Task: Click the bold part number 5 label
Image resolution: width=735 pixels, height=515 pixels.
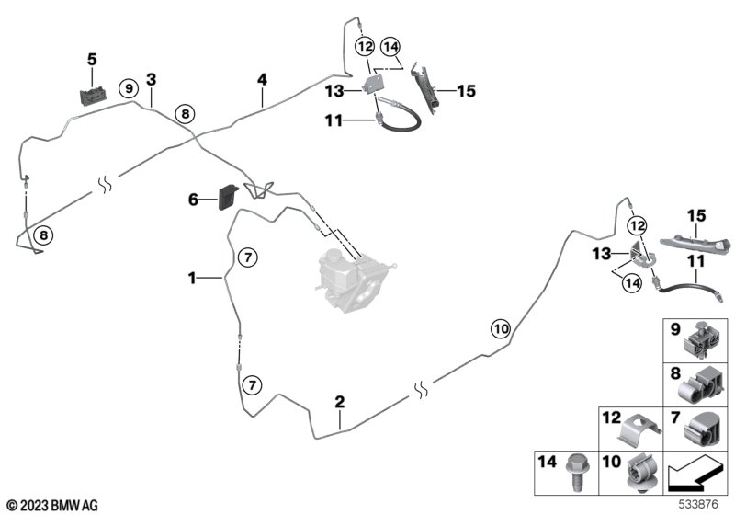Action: [x=92, y=60]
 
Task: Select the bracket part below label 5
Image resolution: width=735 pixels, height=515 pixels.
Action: [x=94, y=96]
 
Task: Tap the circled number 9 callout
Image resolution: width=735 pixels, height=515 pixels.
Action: [x=129, y=88]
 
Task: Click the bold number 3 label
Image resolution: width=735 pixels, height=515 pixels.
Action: [x=151, y=80]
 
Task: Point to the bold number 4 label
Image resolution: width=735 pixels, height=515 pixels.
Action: [x=262, y=79]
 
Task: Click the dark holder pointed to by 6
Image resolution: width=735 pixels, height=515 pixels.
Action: [x=228, y=197]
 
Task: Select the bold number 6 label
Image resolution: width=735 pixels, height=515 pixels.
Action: [x=193, y=200]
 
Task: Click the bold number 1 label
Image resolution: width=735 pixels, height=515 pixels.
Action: [x=192, y=278]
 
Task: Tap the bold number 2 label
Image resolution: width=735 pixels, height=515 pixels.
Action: [x=340, y=402]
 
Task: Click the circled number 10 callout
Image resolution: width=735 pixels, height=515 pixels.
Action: [x=501, y=329]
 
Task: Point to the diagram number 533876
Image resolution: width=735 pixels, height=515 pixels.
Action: [x=698, y=505]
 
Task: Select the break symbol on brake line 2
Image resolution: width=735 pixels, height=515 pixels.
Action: [x=422, y=390]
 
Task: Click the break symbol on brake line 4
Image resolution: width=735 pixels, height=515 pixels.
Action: [x=105, y=184]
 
